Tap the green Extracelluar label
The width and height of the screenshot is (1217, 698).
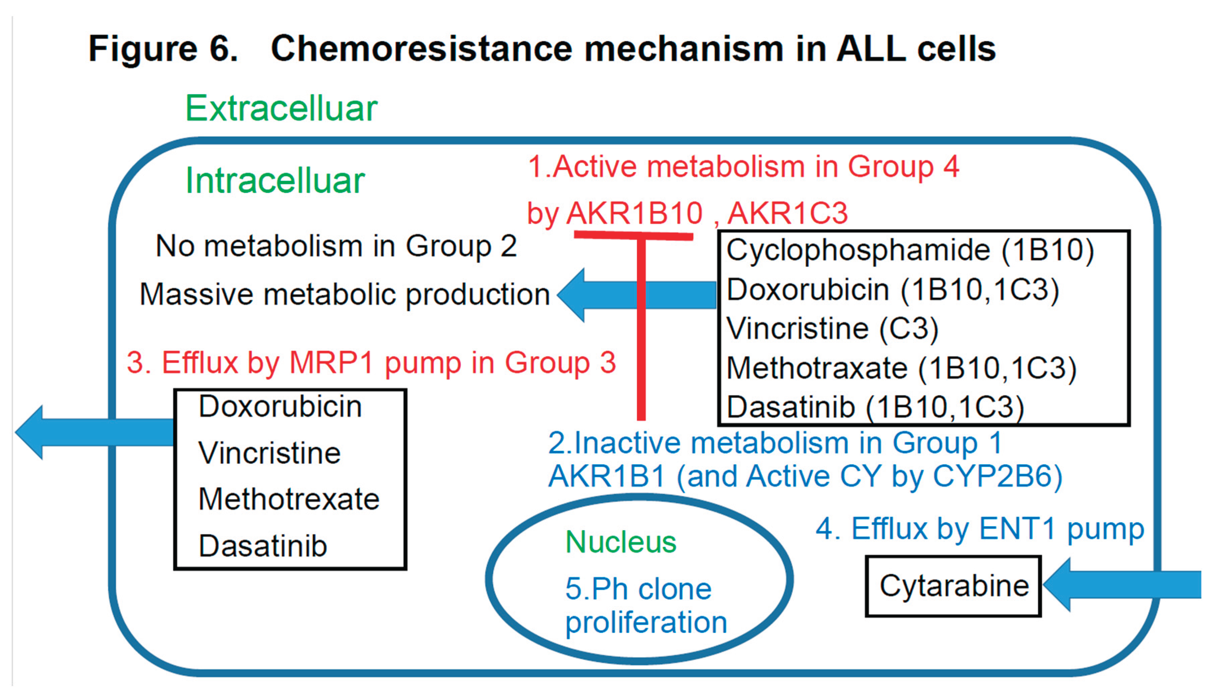pyautogui.click(x=281, y=108)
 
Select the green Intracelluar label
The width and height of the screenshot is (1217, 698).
pyautogui.click(x=275, y=181)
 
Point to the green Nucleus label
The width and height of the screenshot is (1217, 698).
pyautogui.click(x=621, y=542)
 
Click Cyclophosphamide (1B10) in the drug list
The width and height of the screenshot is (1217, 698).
pyautogui.click(x=910, y=250)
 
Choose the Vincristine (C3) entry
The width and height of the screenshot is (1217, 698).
pyautogui.click(x=832, y=329)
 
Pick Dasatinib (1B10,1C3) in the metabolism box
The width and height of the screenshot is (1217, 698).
pyautogui.click(x=875, y=407)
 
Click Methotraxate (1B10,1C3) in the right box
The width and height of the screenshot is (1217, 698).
pyautogui.click(x=901, y=368)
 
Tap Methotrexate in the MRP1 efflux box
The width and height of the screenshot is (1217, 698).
pyautogui.click(x=289, y=499)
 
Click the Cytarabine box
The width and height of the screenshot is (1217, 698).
pyautogui.click(x=954, y=586)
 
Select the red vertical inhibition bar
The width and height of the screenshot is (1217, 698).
pyautogui.click(x=641, y=331)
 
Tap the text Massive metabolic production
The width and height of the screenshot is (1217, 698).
pyautogui.click(x=344, y=294)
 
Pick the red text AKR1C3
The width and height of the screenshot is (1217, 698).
pyautogui.click(x=787, y=213)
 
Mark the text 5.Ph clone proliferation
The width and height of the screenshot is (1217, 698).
pyautogui.click(x=645, y=606)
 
